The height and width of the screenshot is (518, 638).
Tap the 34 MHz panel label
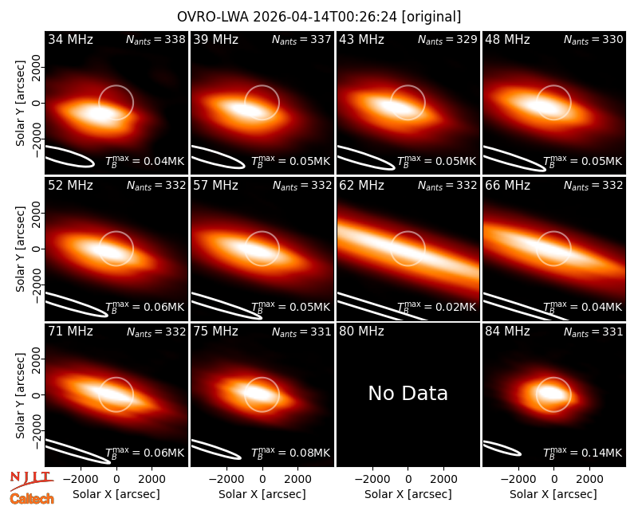click(70, 39)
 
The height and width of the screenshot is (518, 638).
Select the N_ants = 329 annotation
click(447, 39)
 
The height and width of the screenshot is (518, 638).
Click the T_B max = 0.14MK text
click(583, 453)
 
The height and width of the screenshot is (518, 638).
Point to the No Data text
click(408, 393)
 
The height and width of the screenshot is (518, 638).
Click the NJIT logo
click(32, 481)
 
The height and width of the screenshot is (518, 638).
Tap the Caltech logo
click(32, 499)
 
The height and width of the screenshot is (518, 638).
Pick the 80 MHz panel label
click(361, 332)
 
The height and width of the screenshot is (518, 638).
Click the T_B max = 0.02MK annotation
click(436, 308)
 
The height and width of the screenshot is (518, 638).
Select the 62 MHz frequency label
click(361, 186)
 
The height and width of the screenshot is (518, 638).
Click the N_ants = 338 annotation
click(156, 39)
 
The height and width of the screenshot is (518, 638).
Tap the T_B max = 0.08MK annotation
click(291, 453)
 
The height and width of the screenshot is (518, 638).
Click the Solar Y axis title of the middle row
click(20, 249)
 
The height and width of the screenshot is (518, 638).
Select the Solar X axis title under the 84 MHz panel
click(553, 494)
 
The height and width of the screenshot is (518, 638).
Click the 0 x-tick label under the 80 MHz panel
click(408, 479)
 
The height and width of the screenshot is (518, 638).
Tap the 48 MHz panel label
click(507, 39)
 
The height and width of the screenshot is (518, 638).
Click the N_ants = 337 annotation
click(301, 39)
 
